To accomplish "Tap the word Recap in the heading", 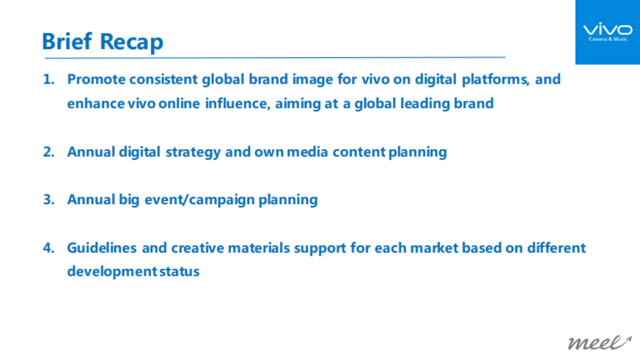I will (x=131, y=41).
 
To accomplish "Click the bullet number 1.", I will (x=48, y=79).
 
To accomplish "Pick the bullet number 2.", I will (x=48, y=152).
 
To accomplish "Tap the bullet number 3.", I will (x=48, y=200).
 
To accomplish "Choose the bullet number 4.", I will (x=48, y=248).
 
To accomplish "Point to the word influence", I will (x=238, y=103).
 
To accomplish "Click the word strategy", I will (x=193, y=152).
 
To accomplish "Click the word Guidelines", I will (x=102, y=248).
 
